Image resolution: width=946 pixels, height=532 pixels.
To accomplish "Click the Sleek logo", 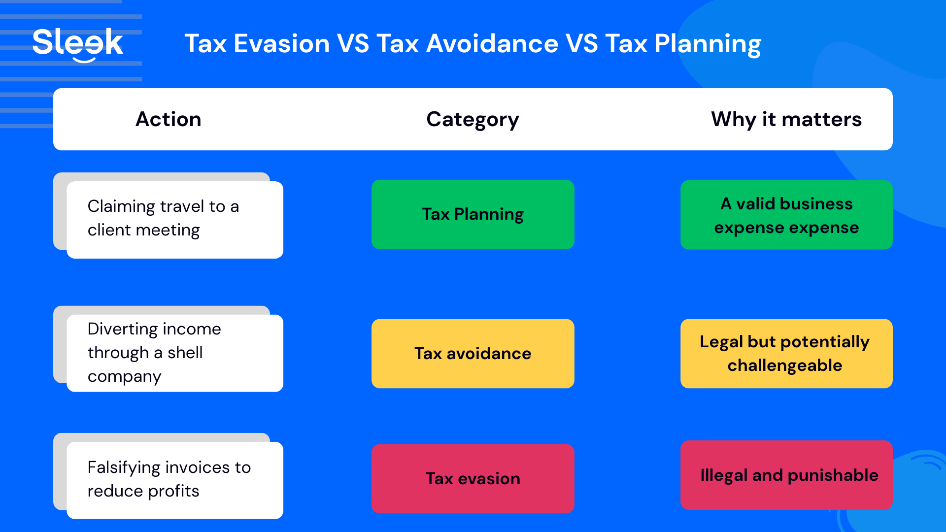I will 78,43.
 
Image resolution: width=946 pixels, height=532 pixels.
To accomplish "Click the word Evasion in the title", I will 281,44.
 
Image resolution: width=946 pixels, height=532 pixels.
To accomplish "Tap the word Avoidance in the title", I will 492,44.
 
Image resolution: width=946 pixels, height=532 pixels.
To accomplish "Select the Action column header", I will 168,119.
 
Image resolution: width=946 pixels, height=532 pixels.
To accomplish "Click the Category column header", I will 473,120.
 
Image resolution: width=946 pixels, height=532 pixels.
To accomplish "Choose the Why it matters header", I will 786,119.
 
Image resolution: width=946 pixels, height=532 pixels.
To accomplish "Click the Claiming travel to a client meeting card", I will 174,219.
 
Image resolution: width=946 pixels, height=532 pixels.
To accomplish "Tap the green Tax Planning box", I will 473,214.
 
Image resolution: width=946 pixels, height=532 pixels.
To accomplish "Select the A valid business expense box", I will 786,215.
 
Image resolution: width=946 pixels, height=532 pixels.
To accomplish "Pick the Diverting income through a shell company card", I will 174,353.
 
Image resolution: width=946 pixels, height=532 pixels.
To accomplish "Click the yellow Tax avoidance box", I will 473,354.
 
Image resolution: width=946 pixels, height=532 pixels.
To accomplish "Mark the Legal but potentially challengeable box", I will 786,354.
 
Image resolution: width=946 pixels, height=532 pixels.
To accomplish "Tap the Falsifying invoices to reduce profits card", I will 174,480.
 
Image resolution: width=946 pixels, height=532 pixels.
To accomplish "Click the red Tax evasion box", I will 473,479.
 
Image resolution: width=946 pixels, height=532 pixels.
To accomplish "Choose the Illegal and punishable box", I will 786,475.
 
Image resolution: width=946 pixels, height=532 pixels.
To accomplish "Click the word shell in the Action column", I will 185,353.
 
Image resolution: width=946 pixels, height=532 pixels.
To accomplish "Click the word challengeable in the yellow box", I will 784,366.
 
